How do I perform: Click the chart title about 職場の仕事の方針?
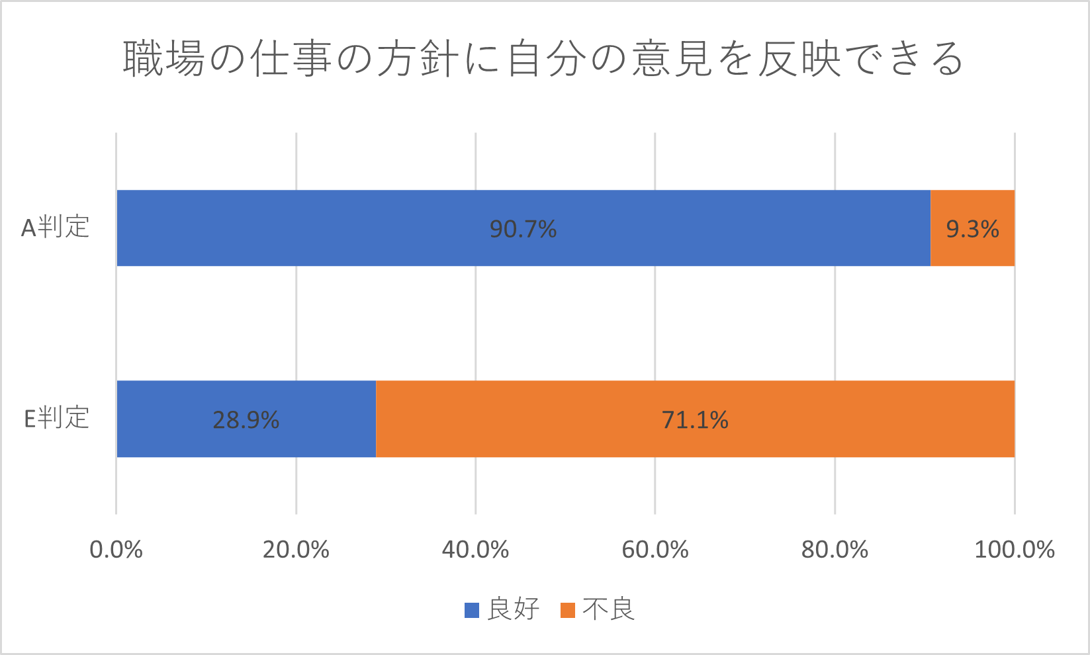pyautogui.click(x=544, y=60)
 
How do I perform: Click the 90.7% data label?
pyautogui.click(x=523, y=229)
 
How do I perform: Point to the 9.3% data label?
pyautogui.click(x=972, y=229)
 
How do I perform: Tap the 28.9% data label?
pyautogui.click(x=246, y=420)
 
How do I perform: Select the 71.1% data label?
pyautogui.click(x=695, y=420)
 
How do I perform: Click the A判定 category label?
pyautogui.click(x=56, y=228)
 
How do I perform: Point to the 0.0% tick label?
pyautogui.click(x=116, y=550)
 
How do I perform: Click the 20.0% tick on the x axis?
pyautogui.click(x=296, y=550)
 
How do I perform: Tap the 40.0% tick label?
pyautogui.click(x=475, y=550)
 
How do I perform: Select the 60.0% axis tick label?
pyautogui.click(x=655, y=550)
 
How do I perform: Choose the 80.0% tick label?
pyautogui.click(x=835, y=550)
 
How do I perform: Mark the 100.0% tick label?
pyautogui.click(x=1014, y=550)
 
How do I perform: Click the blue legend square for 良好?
pyautogui.click(x=472, y=610)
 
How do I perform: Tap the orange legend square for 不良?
pyautogui.click(x=568, y=610)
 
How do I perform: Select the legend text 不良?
pyautogui.click(x=609, y=609)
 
